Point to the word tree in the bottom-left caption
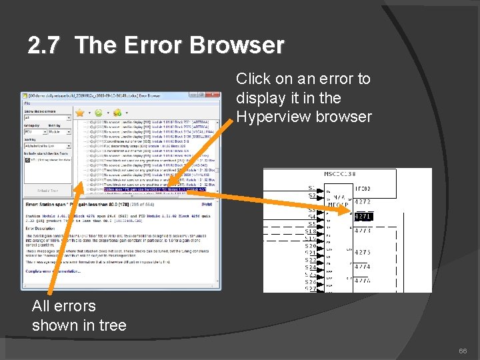click(113, 325)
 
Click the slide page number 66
click(463, 351)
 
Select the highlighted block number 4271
click(363, 216)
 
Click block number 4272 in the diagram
click(363, 201)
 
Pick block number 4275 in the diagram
click(363, 253)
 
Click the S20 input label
click(311, 246)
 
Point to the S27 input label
click(311, 289)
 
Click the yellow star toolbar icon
click(79, 113)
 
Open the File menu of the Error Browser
click(27, 103)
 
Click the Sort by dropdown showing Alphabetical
click(47, 145)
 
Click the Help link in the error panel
click(206, 204)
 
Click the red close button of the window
click(214, 95)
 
